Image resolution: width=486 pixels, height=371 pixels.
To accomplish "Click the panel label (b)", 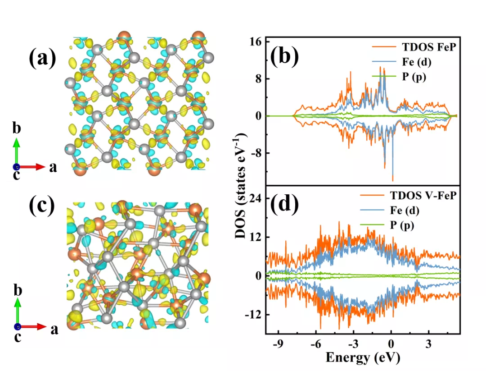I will (284, 57).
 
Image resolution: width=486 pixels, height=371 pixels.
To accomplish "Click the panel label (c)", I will (41, 206).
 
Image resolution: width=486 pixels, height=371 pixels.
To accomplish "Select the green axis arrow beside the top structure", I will (16, 151).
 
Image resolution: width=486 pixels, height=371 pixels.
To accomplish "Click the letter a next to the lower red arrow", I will (54, 330).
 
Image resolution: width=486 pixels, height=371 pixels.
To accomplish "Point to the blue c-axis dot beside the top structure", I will (16, 167).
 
